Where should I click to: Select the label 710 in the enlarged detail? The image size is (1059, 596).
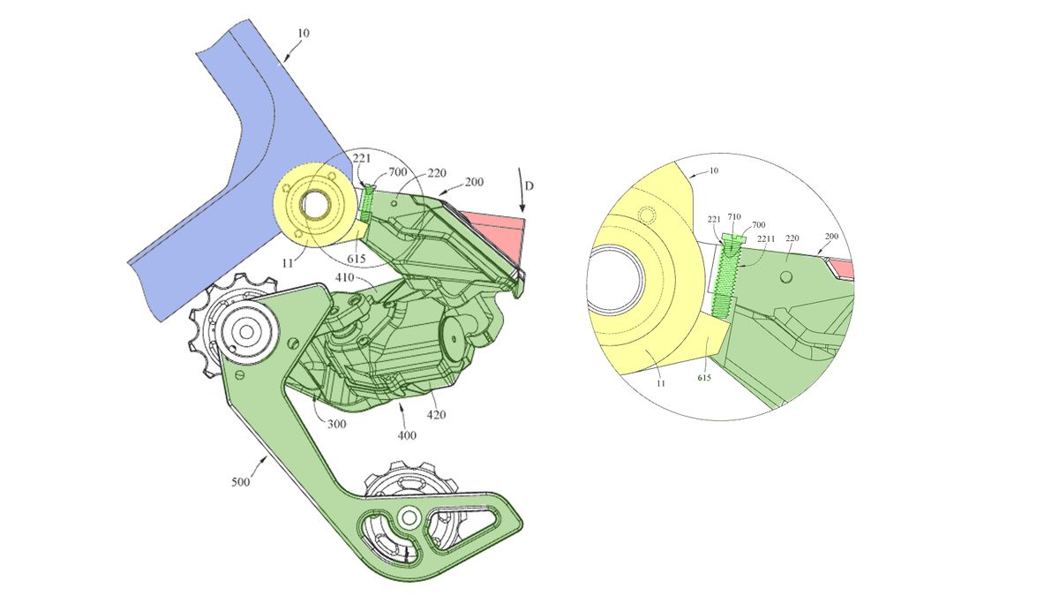(734, 215)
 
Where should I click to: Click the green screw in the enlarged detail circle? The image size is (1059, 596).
(729, 269)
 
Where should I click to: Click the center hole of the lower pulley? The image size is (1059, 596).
(409, 517)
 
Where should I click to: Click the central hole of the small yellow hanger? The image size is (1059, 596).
(313, 204)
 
